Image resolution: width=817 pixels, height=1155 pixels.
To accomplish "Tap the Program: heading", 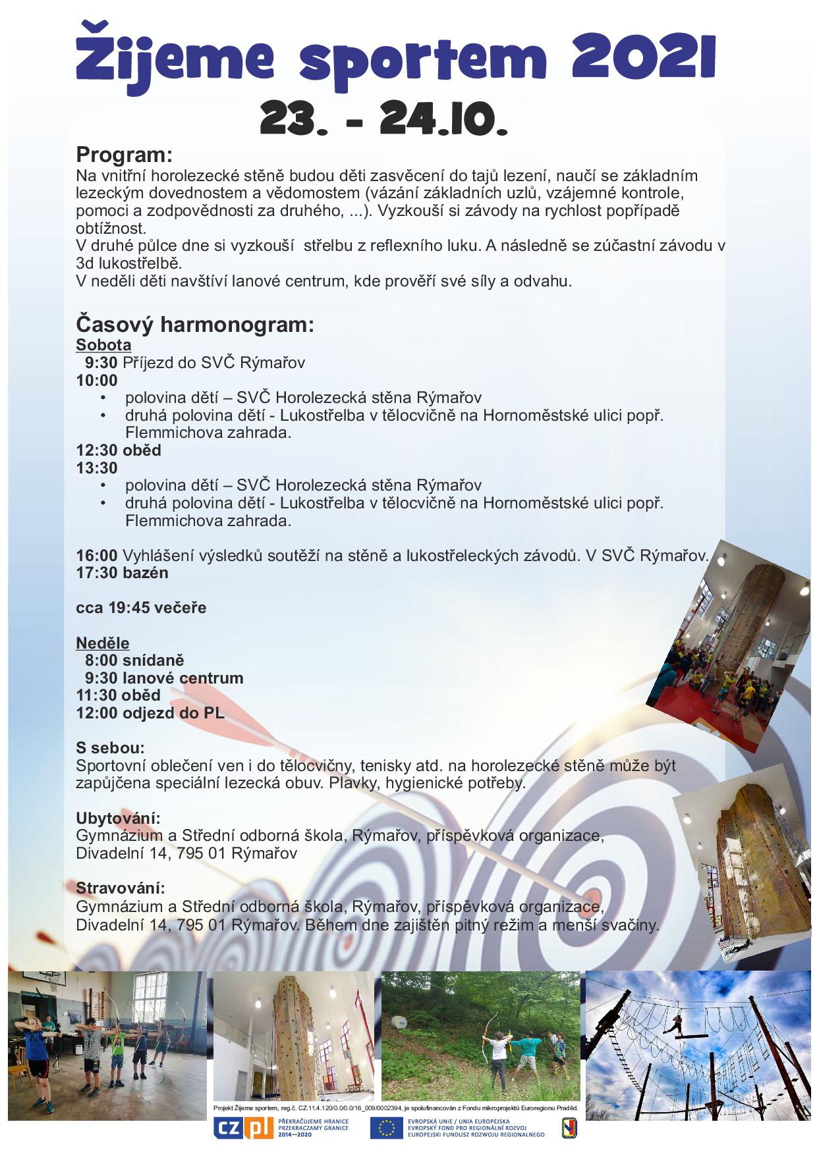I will pos(124,155).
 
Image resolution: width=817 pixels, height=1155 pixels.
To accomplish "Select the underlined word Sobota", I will pos(103,344).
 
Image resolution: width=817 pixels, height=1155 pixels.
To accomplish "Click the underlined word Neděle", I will pos(103,643).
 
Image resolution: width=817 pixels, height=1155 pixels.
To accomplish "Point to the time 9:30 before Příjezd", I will pos(101,362).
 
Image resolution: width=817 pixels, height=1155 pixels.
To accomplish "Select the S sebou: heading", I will pos(110,748).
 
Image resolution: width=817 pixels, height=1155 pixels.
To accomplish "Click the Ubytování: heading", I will pos(119,819).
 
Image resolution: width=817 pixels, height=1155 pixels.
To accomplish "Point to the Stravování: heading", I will pos(121,889).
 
